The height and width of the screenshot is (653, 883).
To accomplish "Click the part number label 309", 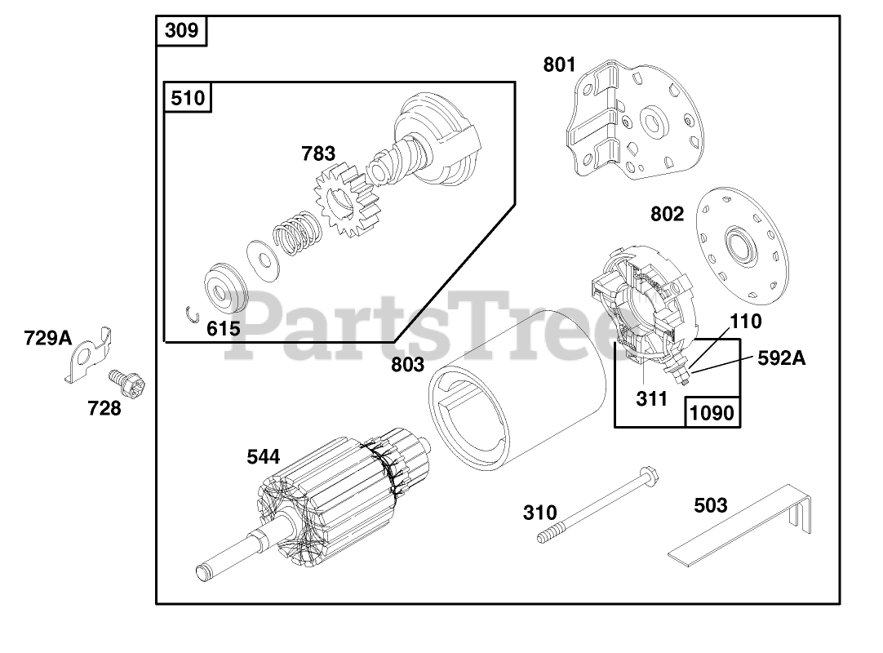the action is [x=181, y=30].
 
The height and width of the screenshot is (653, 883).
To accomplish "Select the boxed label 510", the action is [x=188, y=98].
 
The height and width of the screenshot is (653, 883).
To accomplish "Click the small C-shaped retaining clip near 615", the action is [x=193, y=315].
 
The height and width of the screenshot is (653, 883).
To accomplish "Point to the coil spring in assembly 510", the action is [x=298, y=232].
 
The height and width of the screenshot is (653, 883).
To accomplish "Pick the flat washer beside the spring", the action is [x=263, y=260].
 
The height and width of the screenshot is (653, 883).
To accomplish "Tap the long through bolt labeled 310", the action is [x=597, y=504].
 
